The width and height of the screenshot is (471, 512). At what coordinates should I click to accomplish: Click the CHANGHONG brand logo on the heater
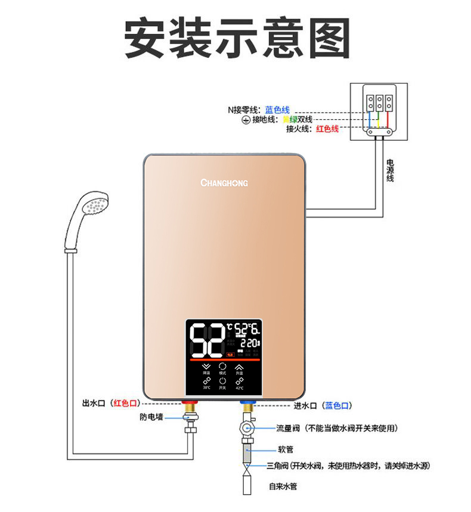tap(224, 183)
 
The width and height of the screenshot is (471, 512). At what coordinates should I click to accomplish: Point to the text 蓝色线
tap(277, 110)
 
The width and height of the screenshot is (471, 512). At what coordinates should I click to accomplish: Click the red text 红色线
tap(327, 129)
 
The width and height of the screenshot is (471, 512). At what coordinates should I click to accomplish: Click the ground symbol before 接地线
tap(244, 120)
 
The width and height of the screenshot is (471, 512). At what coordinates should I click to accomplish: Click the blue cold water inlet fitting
tap(246, 406)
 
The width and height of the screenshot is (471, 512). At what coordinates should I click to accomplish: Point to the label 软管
tap(286, 449)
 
